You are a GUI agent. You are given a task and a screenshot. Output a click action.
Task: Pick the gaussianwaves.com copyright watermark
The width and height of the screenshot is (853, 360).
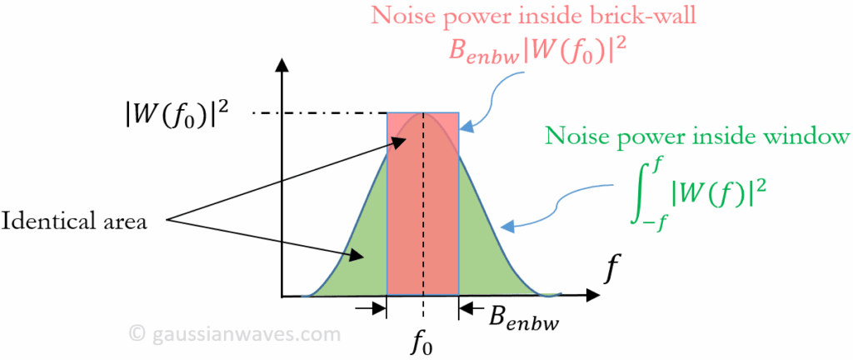coord(235,334)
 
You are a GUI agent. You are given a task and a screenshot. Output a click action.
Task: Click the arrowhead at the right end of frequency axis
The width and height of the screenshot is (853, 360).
coord(592,295)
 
